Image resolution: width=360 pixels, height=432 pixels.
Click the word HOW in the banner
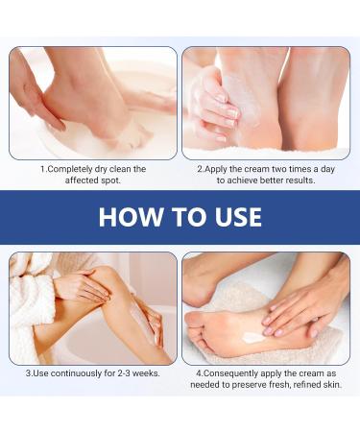[x=130, y=217]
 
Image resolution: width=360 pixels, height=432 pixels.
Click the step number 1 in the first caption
[x=42, y=169]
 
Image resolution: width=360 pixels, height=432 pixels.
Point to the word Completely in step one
[x=74, y=169]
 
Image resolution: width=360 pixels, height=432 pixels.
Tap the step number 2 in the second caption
[x=200, y=168]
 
